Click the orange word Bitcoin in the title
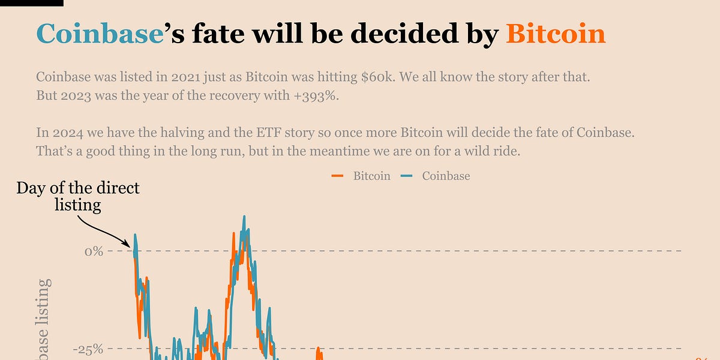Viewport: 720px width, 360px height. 556,34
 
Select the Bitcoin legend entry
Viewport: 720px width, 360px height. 371,176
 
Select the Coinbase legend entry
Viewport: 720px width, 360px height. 446,176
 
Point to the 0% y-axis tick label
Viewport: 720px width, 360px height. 94,251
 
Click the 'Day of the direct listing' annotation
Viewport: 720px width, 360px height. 78,196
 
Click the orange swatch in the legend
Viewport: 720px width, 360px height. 337,176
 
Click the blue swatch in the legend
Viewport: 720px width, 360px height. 407,176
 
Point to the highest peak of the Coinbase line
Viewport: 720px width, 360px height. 244,217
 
